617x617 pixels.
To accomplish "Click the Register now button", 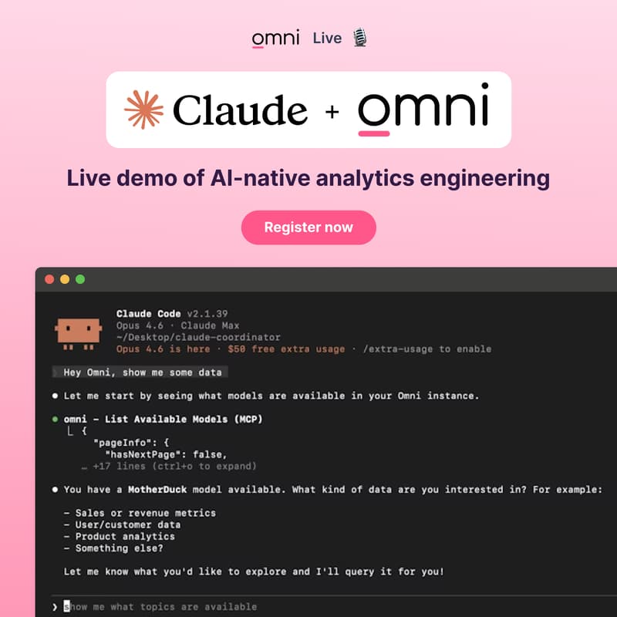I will (x=308, y=228).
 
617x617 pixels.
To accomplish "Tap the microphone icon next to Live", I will (x=359, y=38).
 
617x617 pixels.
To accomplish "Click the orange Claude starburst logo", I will (x=144, y=110).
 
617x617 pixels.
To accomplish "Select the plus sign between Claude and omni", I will (x=332, y=112).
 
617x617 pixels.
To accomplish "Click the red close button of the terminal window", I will (x=50, y=279).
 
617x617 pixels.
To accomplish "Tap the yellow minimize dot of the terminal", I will (x=65, y=279).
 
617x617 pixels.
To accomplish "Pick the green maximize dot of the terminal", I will (x=79, y=279).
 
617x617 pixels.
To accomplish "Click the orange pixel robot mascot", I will (x=79, y=331).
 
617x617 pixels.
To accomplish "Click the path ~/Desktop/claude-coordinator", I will (x=198, y=337).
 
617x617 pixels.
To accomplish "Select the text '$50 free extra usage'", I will (x=295, y=349).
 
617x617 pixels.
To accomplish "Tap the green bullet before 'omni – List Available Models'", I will (x=56, y=419).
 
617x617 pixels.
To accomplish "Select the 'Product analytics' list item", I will (x=124, y=536).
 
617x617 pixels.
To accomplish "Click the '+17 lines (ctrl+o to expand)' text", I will (x=174, y=467).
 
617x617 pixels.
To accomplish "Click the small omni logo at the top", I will (x=275, y=38).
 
